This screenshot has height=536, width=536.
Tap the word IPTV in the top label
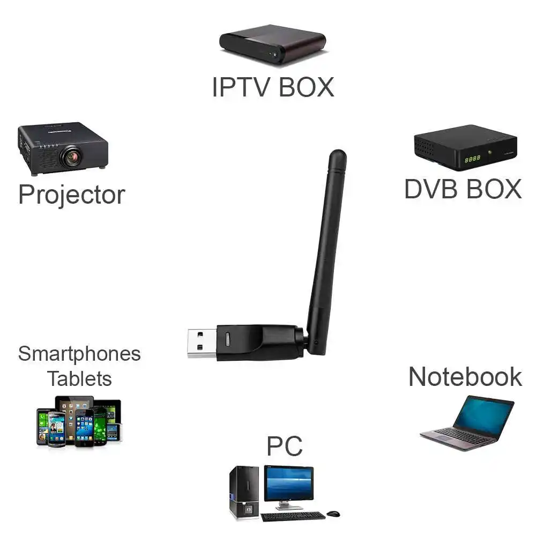pos(240,87)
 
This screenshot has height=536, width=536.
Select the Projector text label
pos(71,195)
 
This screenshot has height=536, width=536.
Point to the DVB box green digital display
pos(472,159)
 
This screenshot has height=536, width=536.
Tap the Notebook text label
pos(465,377)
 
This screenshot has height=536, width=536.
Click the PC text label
pos(285,446)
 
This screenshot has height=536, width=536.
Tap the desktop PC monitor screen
pos(288,483)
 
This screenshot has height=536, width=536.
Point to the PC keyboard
pos(293,516)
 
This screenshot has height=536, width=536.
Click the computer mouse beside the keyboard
pos(333,514)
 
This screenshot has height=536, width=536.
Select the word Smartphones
pos(79,354)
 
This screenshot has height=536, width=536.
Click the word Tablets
pos(79,378)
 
